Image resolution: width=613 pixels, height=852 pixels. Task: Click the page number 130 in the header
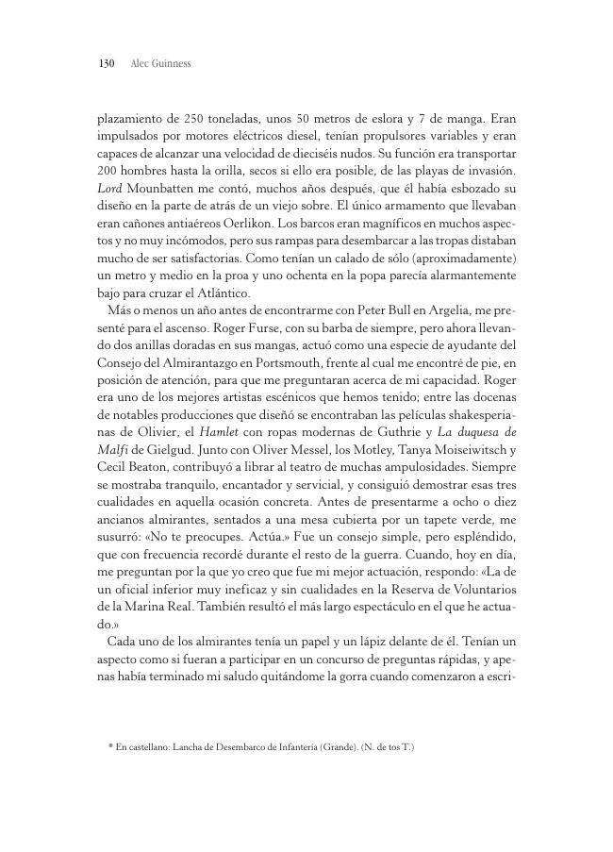106,64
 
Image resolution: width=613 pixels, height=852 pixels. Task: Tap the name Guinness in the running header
173,64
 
